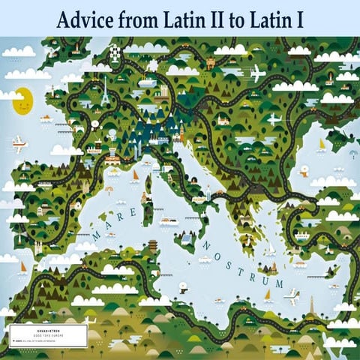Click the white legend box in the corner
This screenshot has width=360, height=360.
click(48, 335)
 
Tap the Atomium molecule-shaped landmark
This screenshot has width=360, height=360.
click(115, 54)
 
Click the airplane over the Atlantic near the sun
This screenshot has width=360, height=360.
click(19, 141)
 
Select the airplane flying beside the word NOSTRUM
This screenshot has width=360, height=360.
click(292, 294)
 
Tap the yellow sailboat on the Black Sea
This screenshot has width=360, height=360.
click(322, 143)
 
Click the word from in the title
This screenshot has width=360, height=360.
click(142, 20)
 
